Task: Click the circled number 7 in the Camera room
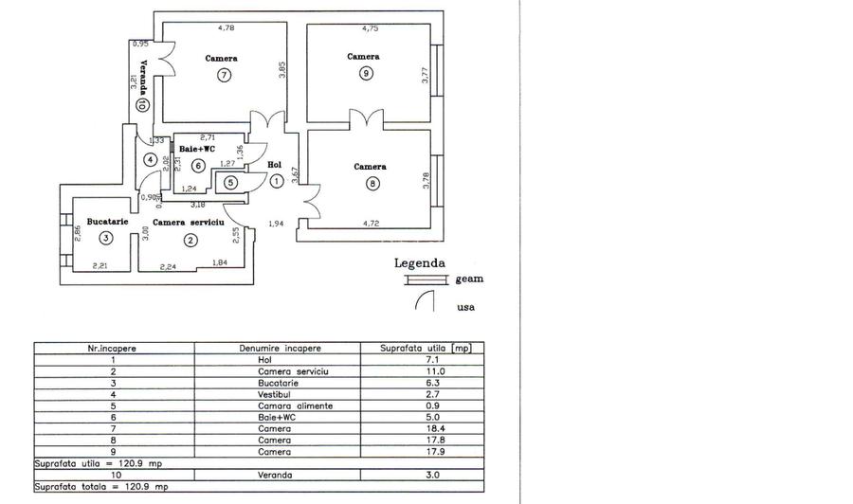pyautogui.click(x=224, y=76)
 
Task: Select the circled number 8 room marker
pyautogui.click(x=372, y=184)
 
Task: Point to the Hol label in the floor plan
pyautogui.click(x=275, y=165)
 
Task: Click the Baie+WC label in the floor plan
pyautogui.click(x=197, y=149)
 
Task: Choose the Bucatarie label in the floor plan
pyautogui.click(x=106, y=221)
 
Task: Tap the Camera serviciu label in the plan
pyautogui.click(x=188, y=221)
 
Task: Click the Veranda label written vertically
pyautogui.click(x=142, y=77)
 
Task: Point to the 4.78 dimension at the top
pyautogui.click(x=227, y=27)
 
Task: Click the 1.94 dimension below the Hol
pyautogui.click(x=276, y=224)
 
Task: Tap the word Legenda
pyautogui.click(x=419, y=264)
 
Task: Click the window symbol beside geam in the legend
pyautogui.click(x=425, y=279)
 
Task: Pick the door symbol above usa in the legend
pyautogui.click(x=423, y=300)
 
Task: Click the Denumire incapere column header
pyautogui.click(x=293, y=348)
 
